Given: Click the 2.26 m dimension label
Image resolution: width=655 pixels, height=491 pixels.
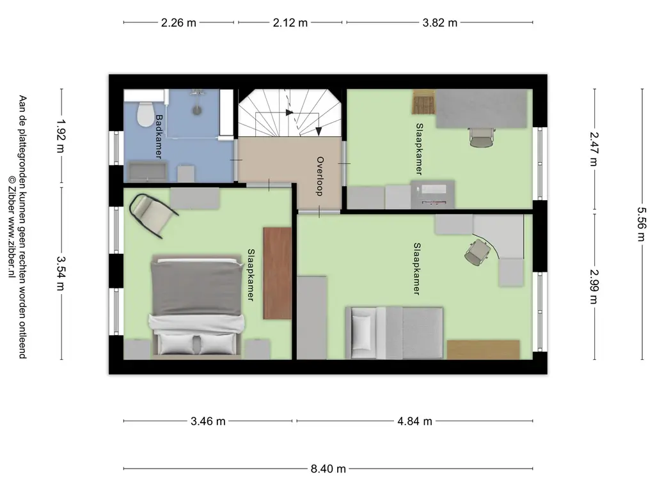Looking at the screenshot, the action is click(x=178, y=22).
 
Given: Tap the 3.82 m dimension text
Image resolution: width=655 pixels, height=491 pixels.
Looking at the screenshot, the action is click(x=439, y=22).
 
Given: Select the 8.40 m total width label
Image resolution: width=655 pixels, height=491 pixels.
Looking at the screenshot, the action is click(x=328, y=469).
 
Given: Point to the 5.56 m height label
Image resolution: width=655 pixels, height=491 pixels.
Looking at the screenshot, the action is click(x=642, y=224).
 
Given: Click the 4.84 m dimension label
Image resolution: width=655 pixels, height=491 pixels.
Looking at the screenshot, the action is click(x=414, y=421).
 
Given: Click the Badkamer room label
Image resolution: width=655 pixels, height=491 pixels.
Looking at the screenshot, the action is click(x=159, y=137).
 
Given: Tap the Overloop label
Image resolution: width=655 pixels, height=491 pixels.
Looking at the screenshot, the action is click(x=320, y=176).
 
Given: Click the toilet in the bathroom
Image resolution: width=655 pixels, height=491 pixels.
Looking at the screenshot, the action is click(x=145, y=114).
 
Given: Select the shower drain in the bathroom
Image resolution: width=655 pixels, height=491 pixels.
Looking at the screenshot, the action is click(x=197, y=110).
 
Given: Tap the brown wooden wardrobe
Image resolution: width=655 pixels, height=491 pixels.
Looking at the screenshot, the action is click(x=277, y=274).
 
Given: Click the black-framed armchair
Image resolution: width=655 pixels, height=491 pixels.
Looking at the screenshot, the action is click(x=152, y=215).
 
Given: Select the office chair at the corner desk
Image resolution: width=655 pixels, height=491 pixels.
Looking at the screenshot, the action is click(x=477, y=252).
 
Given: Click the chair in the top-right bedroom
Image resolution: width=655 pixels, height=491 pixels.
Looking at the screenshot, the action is click(x=481, y=137).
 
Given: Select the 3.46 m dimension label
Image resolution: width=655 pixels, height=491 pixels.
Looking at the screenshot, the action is click(x=208, y=421).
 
